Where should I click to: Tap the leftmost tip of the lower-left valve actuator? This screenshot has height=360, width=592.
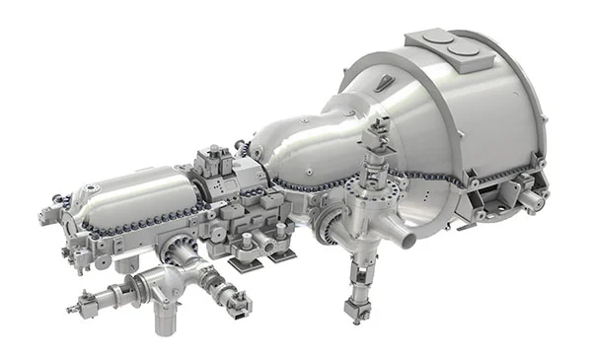coord(72,309)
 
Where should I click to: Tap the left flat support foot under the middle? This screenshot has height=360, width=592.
coord(245,261)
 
